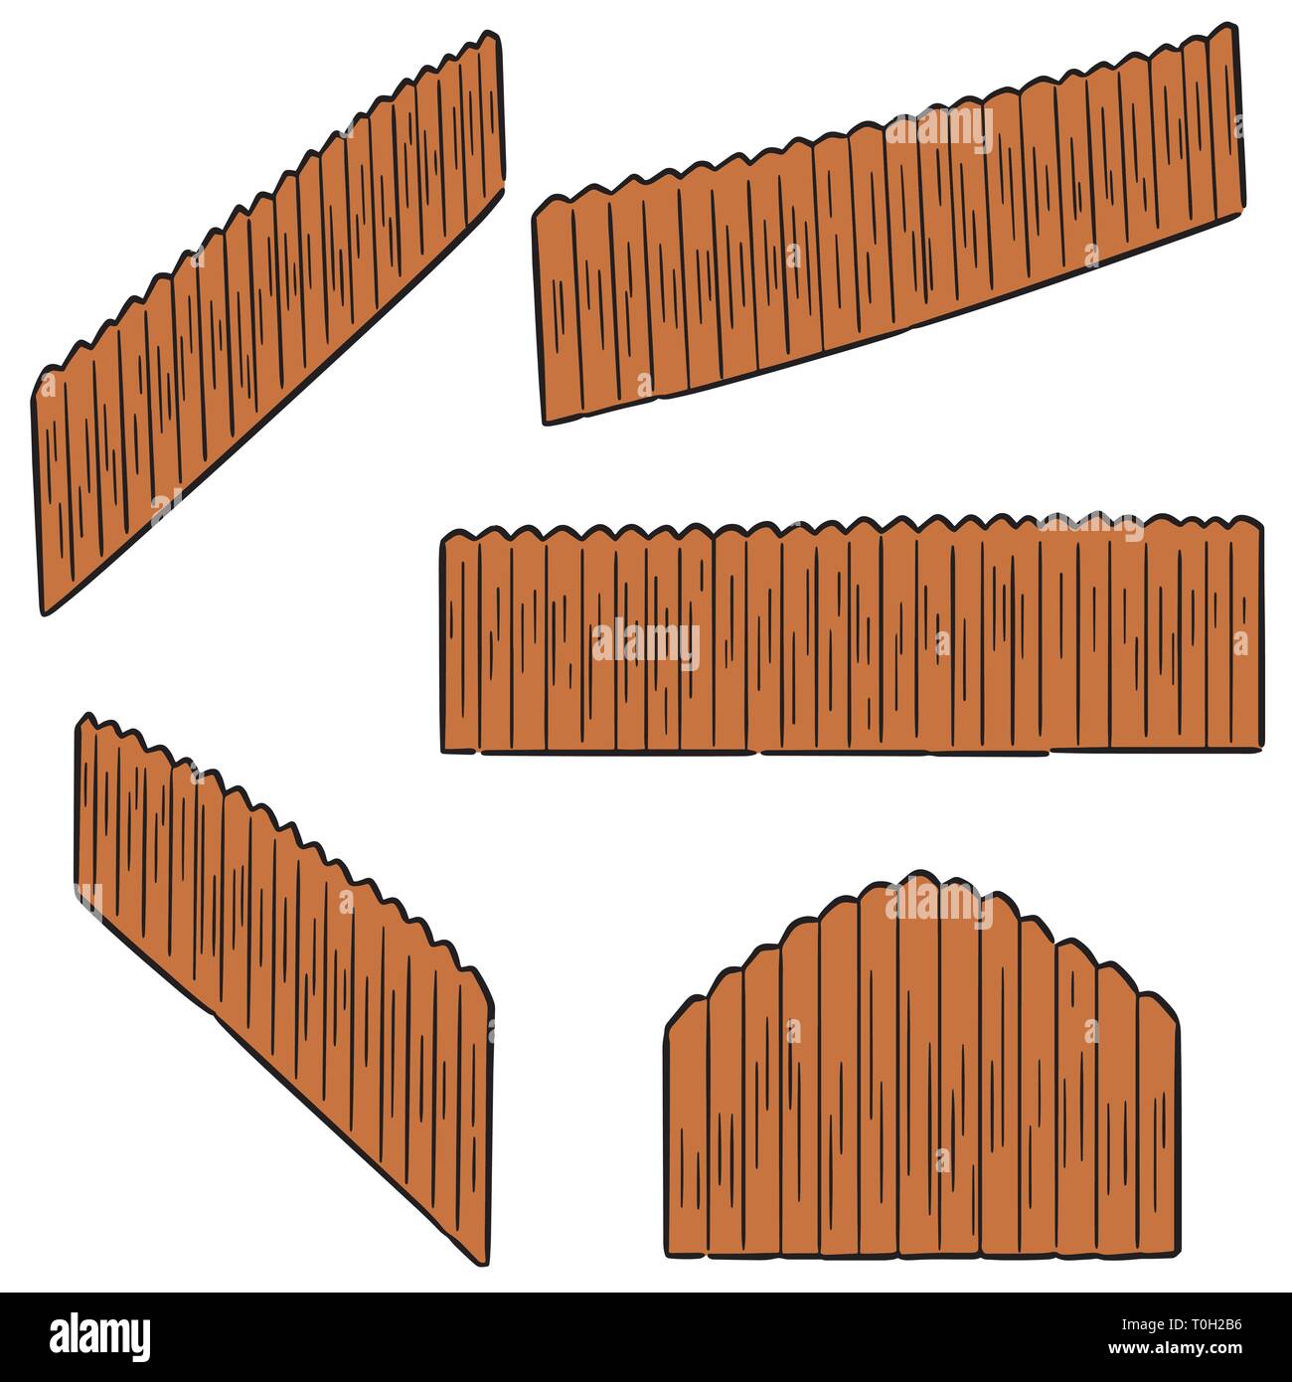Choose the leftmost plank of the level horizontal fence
(x=460, y=641)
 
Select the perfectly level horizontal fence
(x=850, y=636)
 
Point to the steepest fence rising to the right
(x=268, y=318)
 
